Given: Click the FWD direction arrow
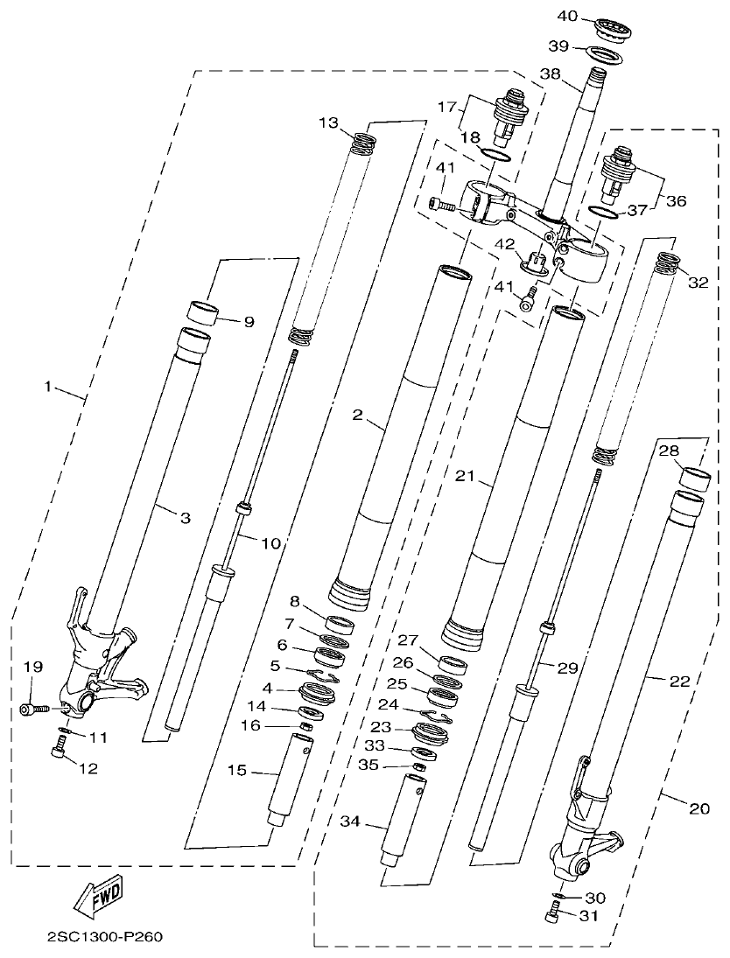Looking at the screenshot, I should (x=101, y=895).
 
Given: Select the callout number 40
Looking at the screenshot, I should (x=566, y=16).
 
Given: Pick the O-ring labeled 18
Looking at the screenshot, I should (x=497, y=156).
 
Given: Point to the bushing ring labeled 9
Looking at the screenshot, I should (x=203, y=312).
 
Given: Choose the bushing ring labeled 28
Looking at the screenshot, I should (x=697, y=479).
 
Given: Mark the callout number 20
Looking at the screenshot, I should (x=698, y=809).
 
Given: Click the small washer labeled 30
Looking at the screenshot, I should (x=558, y=898).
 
